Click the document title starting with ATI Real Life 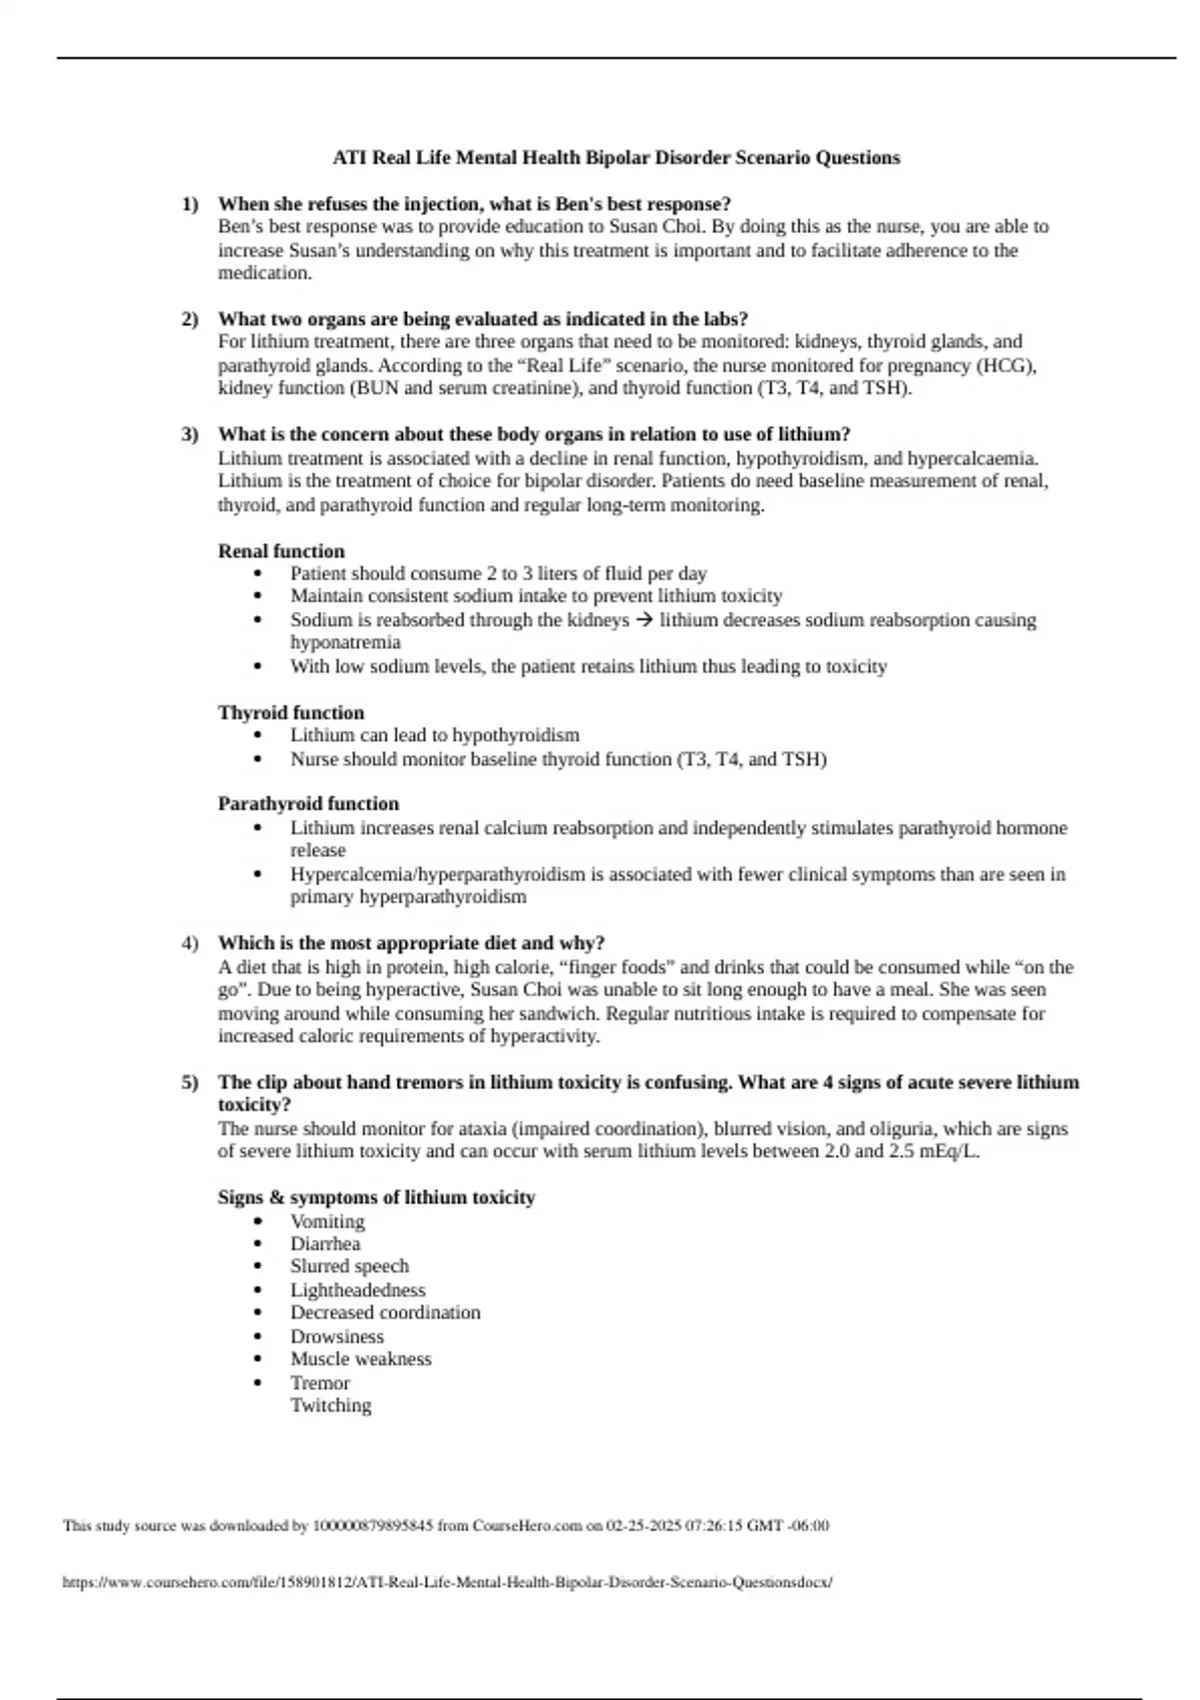616,158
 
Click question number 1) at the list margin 190,204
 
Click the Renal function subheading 281,551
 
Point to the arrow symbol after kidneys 644,620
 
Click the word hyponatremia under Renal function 345,643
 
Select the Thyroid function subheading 291,713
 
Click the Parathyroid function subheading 308,804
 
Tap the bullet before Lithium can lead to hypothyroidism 259,736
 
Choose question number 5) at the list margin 190,1083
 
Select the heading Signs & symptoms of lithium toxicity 376,1198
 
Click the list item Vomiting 327,1222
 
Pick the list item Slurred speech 349,1267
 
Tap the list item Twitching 330,1406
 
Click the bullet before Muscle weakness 259,1360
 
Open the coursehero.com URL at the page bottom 447,1583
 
